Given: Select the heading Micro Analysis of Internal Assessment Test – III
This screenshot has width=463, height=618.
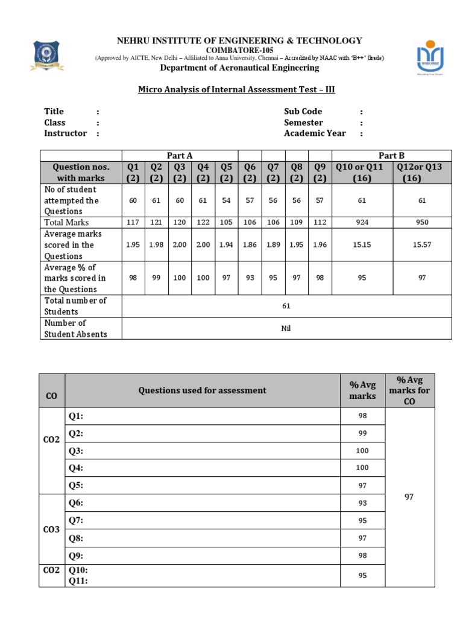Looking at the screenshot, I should (236, 90).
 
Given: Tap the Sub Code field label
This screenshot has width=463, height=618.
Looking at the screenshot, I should (303, 112).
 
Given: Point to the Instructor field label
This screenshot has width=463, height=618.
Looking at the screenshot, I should (65, 133).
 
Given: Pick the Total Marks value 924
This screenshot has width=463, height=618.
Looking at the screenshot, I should (362, 223).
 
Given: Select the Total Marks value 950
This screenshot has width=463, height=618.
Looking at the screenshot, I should (422, 223).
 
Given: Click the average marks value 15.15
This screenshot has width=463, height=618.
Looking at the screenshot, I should (362, 245).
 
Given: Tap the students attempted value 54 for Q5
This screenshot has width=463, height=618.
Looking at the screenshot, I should (226, 200).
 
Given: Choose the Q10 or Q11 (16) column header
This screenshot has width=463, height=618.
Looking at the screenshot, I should (362, 173).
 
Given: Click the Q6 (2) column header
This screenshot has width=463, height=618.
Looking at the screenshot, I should (250, 173).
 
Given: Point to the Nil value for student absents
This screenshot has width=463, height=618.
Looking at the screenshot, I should (286, 328).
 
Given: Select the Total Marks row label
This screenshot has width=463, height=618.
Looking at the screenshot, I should (66, 223).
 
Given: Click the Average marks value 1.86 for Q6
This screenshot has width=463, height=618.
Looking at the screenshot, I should (250, 245).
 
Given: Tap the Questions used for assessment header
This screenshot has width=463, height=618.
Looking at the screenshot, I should (202, 390).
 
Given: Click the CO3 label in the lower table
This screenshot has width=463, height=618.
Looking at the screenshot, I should (52, 529).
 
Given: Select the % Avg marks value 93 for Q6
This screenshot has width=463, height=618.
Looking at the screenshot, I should (362, 503).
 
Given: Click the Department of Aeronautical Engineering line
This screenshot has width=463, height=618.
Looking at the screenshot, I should (239, 68).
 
